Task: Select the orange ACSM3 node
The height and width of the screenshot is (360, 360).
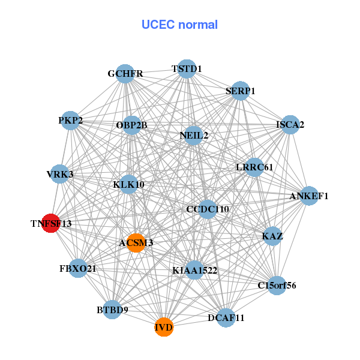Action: pyautogui.click(x=136, y=242)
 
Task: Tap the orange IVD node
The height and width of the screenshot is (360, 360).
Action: pyautogui.click(x=164, y=327)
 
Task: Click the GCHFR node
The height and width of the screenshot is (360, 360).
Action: pyautogui.click(x=125, y=74)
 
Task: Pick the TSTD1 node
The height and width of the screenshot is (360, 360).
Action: pyautogui.click(x=187, y=69)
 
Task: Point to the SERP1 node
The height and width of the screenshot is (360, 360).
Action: pyautogui.click(x=240, y=91)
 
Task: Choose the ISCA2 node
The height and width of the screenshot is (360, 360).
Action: pyautogui.click(x=290, y=125)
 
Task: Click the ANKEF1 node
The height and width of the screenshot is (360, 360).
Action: pyautogui.click(x=308, y=196)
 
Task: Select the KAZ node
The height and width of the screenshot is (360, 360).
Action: pyautogui.click(x=272, y=236)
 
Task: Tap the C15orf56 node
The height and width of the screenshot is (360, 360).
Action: pyautogui.click(x=276, y=285)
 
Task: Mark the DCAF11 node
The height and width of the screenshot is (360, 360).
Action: pyautogui.click(x=226, y=317)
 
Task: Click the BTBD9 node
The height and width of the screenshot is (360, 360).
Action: pyautogui.click(x=112, y=310)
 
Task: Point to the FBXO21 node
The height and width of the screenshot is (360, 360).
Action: pyautogui.click(x=78, y=268)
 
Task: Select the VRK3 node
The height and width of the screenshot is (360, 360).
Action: pyautogui.click(x=59, y=174)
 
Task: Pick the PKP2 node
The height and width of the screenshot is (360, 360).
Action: pyautogui.click(x=71, y=121)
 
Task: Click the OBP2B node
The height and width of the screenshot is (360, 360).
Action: pyautogui.click(x=131, y=125)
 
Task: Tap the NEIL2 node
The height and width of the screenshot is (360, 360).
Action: pyautogui.click(x=194, y=135)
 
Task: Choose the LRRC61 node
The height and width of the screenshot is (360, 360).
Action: pyautogui.click(x=254, y=167)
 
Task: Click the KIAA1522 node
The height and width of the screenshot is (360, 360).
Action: pyautogui.click(x=194, y=271)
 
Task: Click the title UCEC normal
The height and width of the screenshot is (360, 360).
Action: pyautogui.click(x=179, y=25)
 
